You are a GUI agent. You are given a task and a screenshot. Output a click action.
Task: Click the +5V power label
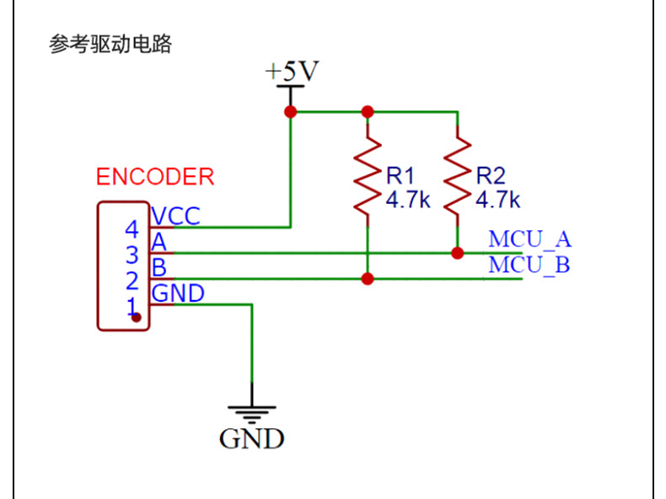pyautogui.click(x=292, y=72)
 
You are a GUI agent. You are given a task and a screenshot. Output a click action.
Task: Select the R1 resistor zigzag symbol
pyautogui.click(x=368, y=176)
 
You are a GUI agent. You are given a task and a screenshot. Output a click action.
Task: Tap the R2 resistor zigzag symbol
pyautogui.click(x=457, y=176)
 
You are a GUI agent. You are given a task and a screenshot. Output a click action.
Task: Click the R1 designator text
pyautogui.click(x=401, y=175)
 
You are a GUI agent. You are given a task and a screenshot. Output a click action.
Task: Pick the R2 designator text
pyautogui.click(x=491, y=175)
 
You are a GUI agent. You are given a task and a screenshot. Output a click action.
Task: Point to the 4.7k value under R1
pyautogui.click(x=409, y=200)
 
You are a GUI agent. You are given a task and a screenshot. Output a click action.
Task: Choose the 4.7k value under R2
pyautogui.click(x=498, y=200)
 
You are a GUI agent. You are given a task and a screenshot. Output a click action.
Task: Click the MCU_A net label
pyautogui.click(x=529, y=239)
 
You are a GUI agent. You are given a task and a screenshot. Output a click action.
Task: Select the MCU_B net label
pyautogui.click(x=529, y=265)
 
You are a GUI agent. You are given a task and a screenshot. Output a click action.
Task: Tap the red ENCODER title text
pyautogui.click(x=155, y=177)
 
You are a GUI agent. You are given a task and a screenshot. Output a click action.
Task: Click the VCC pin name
pyautogui.click(x=176, y=216)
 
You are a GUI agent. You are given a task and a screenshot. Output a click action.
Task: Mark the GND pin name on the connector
pyautogui.click(x=178, y=293)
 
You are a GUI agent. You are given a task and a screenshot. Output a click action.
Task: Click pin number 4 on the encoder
pyautogui.click(x=132, y=229)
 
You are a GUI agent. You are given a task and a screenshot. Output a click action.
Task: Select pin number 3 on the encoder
pyautogui.click(x=132, y=255)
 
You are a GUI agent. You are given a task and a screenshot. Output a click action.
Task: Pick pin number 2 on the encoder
pyautogui.click(x=132, y=280)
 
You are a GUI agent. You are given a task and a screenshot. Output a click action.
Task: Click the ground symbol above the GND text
pyautogui.click(x=251, y=414)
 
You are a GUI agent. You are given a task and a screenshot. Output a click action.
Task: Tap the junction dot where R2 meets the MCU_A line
pyautogui.click(x=457, y=253)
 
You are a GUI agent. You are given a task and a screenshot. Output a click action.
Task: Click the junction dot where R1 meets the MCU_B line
pyautogui.click(x=368, y=279)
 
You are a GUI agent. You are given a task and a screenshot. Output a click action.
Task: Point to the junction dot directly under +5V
pyautogui.click(x=291, y=111)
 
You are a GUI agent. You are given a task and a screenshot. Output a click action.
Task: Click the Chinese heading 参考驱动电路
pyautogui.click(x=110, y=45)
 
